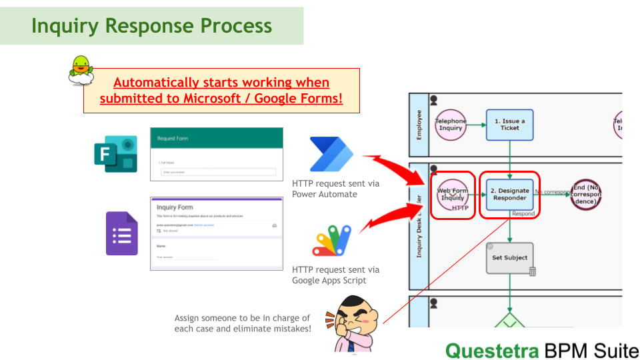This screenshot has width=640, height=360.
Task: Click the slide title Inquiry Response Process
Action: tap(152, 26)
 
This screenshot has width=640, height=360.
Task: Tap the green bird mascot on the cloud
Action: tap(81, 70)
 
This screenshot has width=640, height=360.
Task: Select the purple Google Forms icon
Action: tap(121, 233)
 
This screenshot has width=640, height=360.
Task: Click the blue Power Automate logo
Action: tap(331, 155)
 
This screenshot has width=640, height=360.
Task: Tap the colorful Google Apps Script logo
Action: tap(331, 241)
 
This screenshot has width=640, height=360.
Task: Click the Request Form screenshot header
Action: tap(217, 139)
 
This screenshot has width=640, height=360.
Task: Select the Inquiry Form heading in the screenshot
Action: tap(175, 207)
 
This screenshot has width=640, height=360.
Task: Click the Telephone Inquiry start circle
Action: tap(451, 125)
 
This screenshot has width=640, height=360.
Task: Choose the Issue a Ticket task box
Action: tap(510, 125)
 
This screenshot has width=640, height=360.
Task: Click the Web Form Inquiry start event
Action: tap(451, 195)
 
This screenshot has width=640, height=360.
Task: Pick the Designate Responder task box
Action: tap(510, 194)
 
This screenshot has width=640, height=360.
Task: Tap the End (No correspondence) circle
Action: tap(585, 194)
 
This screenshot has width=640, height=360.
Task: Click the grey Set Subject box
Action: tap(510, 258)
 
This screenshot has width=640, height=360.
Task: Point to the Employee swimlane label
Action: tap(419, 125)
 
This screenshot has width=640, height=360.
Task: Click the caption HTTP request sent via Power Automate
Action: tap(335, 189)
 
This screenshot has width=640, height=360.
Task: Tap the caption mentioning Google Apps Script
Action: tap(335, 275)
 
